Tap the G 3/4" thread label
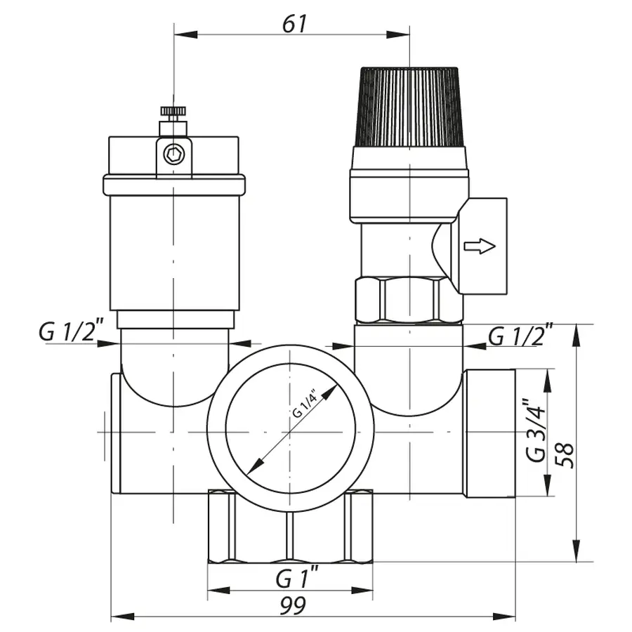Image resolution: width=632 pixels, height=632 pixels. coord(535,430)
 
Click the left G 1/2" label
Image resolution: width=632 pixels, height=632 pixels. coord(71,331)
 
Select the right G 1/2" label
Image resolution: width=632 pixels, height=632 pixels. coord(520,336)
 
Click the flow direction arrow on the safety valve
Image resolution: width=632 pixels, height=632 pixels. coord(480,246)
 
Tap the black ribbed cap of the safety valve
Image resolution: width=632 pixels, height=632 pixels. coord(409,105)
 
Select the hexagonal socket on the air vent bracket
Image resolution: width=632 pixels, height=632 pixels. coord(173,152)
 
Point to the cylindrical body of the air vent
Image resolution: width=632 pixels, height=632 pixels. coord(173,253)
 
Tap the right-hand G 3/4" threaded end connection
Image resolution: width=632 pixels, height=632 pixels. coord(489,434)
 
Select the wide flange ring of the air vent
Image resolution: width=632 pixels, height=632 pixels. coord(173,185)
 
